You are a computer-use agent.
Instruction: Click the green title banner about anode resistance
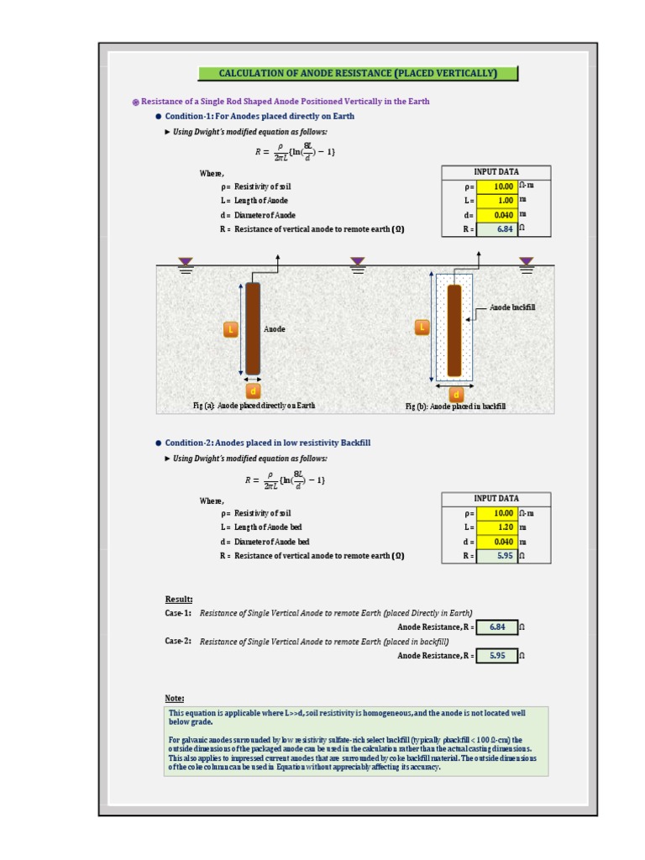tap(358, 73)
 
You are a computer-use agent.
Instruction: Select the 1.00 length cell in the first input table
tap(496, 200)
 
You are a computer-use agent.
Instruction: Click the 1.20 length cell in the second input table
tap(496, 527)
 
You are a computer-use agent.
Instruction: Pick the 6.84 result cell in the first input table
tap(496, 228)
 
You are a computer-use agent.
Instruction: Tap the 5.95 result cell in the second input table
tap(496, 555)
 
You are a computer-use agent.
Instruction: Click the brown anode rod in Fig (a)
tap(253, 328)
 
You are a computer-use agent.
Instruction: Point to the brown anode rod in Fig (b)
tap(454, 330)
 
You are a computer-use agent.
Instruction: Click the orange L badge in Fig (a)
tap(230, 329)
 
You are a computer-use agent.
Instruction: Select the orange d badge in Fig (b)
tap(456, 394)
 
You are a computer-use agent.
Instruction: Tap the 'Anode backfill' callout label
tap(512, 307)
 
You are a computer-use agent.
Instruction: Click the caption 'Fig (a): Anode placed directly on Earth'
tap(254, 406)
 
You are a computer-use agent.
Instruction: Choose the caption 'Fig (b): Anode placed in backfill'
tap(455, 406)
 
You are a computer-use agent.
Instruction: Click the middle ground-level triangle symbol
tap(358, 262)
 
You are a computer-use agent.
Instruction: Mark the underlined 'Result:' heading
tap(179, 599)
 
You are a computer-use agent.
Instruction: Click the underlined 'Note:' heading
tap(175, 698)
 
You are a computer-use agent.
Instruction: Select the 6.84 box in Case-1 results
tap(496, 627)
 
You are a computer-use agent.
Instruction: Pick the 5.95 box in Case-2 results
tap(496, 655)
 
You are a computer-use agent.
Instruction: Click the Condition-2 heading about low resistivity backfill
tap(267, 443)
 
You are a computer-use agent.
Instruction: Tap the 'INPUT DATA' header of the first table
tap(496, 171)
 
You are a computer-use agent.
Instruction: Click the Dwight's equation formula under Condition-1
tap(295, 152)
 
